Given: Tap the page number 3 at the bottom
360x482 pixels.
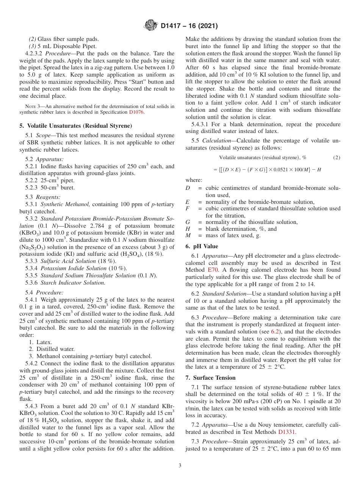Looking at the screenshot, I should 180,465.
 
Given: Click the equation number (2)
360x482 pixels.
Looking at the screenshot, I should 336,157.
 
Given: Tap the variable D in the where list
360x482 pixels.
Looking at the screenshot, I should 188,188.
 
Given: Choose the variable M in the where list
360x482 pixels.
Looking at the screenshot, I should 188,236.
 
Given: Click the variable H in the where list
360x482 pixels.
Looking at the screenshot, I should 188,229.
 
